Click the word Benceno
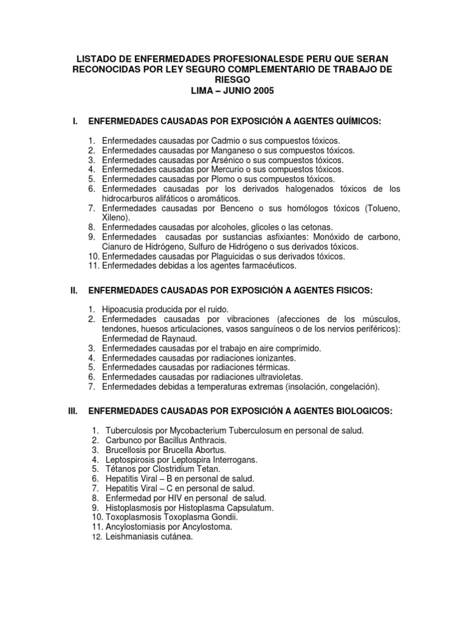pos(226,209)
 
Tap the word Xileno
pos(114,218)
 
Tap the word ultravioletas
pos(287,377)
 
